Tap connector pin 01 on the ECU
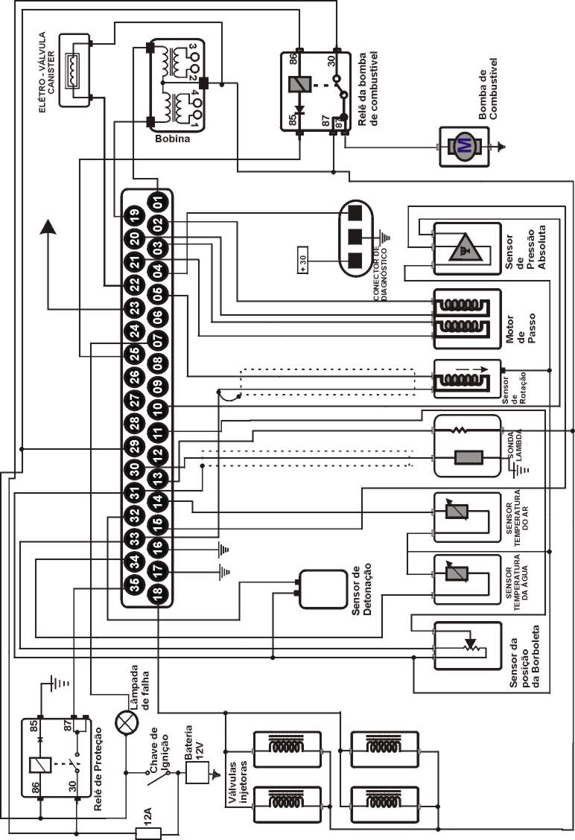tap(158, 202)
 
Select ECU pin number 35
tap(133, 585)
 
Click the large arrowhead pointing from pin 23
tap(50, 226)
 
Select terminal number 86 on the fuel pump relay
tap(293, 59)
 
